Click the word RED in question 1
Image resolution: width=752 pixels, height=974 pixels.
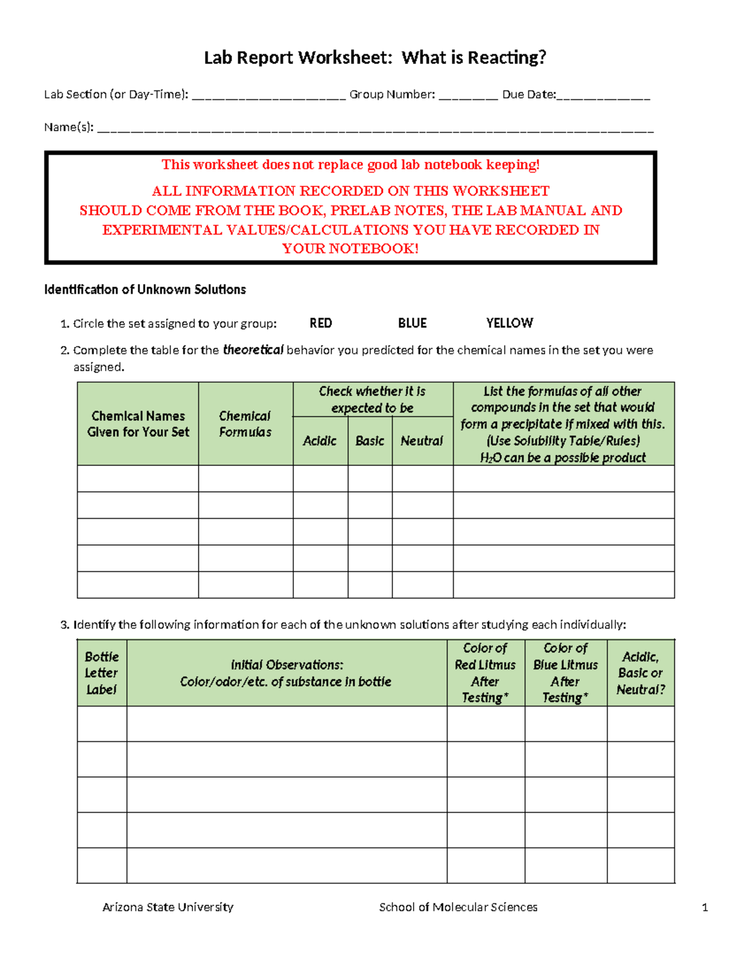coord(320,323)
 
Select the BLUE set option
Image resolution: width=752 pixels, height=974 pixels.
coord(412,323)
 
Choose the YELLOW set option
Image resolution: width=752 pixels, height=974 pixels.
coord(509,323)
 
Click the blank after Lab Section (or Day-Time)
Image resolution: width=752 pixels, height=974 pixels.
coord(268,95)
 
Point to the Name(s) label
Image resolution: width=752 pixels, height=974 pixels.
coord(68,127)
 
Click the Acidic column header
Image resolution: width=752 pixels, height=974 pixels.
coord(320,441)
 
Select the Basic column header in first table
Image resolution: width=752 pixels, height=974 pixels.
coord(370,441)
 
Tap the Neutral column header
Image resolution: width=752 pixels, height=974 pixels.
coord(422,441)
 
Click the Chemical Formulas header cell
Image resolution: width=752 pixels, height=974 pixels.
coord(245,424)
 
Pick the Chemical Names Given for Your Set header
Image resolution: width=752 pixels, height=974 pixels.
coord(138,424)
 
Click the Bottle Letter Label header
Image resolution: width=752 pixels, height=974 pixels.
coord(102,673)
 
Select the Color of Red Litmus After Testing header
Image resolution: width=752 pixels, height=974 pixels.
coord(485,673)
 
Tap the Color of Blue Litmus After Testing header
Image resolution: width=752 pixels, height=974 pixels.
coord(565,673)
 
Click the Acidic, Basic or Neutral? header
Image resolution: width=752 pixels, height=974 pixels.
coord(640,673)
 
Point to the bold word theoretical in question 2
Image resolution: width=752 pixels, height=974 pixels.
coord(253,350)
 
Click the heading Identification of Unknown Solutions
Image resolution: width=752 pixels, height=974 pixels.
coord(145,290)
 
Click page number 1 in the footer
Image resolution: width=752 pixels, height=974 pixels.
coord(705,908)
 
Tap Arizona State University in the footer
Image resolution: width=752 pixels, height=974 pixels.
coord(168,907)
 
